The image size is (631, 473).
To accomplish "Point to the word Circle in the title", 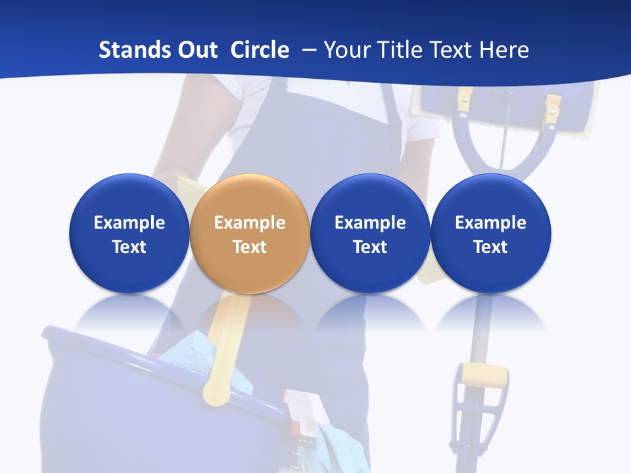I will (x=260, y=50).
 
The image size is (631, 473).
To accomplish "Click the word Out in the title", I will (x=199, y=50).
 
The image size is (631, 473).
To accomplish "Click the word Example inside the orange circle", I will (x=250, y=223).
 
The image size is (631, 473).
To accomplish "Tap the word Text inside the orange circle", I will (x=250, y=247).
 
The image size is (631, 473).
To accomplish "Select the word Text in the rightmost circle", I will (x=490, y=247).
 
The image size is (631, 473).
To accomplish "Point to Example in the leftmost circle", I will (x=129, y=223).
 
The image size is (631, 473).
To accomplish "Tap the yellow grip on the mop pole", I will (x=484, y=376).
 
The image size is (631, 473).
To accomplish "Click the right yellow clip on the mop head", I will (x=553, y=105).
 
